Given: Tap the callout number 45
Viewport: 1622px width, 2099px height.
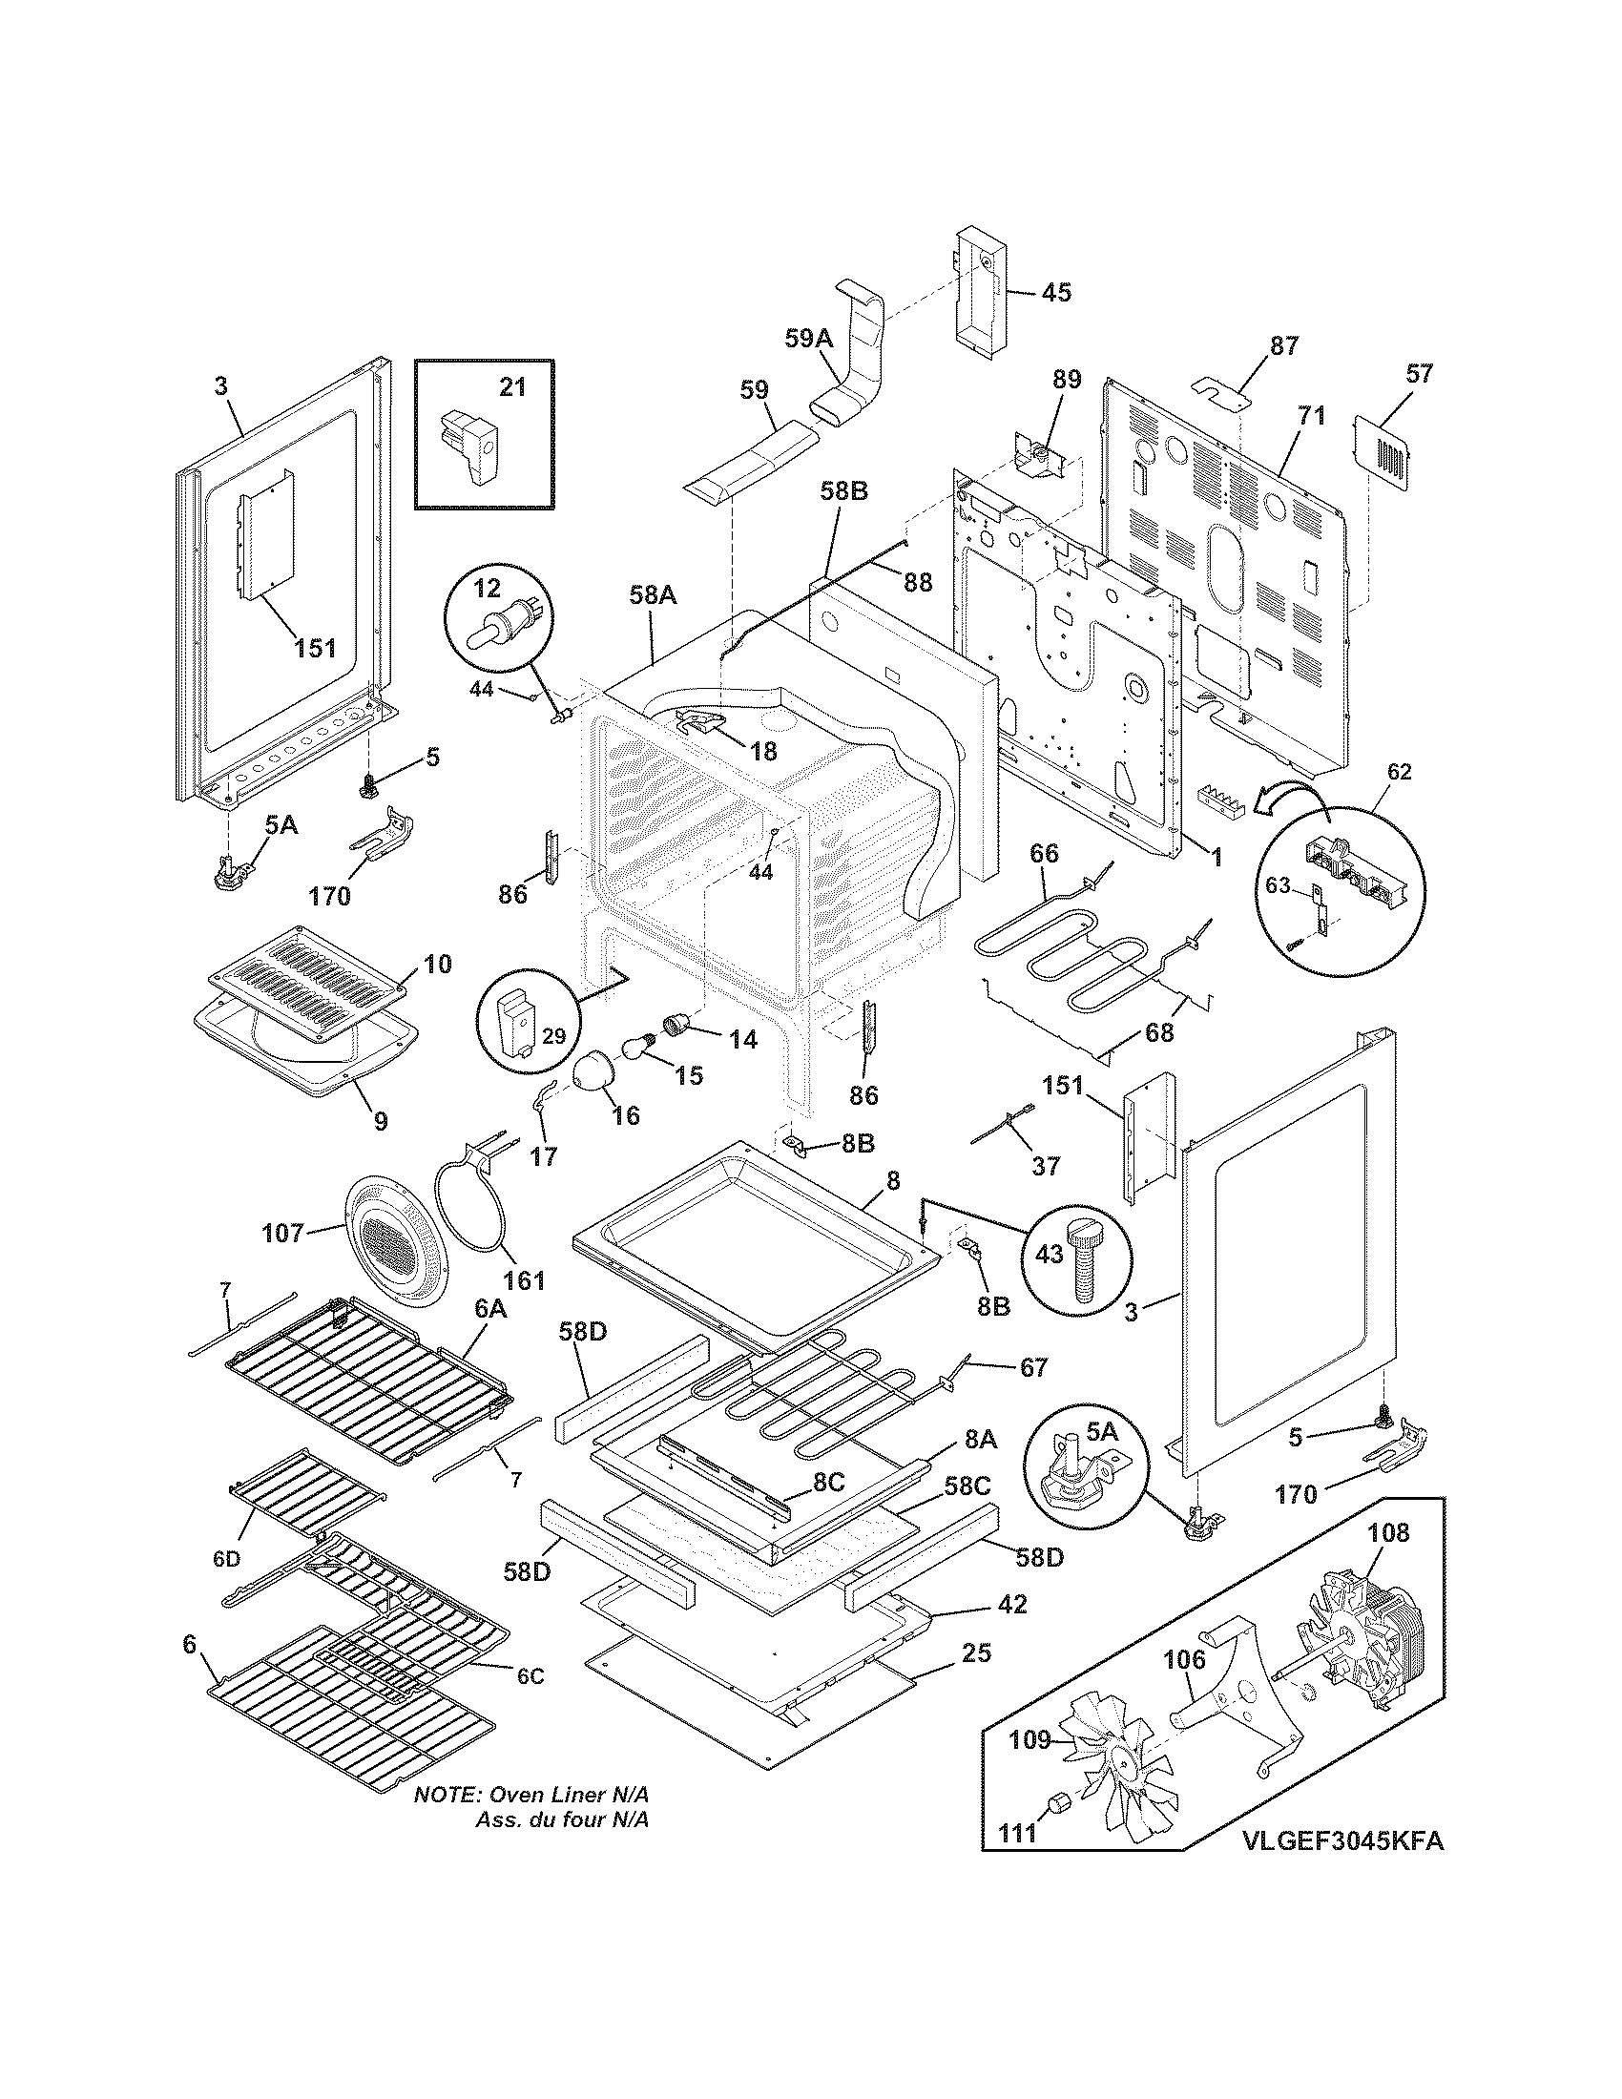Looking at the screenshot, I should coord(1055,292).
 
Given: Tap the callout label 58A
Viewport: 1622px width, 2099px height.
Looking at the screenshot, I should coord(654,596).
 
